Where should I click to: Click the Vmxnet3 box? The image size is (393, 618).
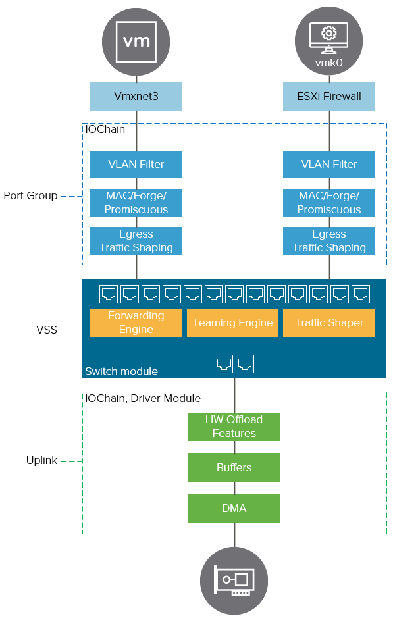tap(136, 97)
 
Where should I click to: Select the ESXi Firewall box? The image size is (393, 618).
tap(328, 97)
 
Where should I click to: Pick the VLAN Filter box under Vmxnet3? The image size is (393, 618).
tap(136, 164)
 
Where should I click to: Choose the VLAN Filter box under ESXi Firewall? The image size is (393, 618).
tap(328, 164)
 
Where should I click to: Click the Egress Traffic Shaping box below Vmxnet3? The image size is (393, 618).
tap(136, 241)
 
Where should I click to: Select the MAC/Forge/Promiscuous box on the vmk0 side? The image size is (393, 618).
tap(328, 203)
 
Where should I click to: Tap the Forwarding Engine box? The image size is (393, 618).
tap(136, 322)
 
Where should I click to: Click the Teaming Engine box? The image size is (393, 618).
tap(232, 322)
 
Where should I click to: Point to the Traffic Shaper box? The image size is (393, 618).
tap(328, 322)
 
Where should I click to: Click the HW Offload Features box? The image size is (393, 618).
tap(234, 426)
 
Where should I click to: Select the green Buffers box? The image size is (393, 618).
tap(234, 467)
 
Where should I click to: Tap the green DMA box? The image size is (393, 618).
tap(234, 508)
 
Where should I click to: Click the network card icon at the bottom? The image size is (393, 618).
tap(234, 580)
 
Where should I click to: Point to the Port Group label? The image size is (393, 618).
tap(30, 195)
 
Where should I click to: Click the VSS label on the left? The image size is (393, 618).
tap(47, 330)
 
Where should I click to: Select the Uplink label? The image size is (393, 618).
tap(42, 461)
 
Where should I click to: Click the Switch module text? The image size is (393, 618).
tap(121, 371)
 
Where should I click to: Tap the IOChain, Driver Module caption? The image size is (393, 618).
tap(143, 398)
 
